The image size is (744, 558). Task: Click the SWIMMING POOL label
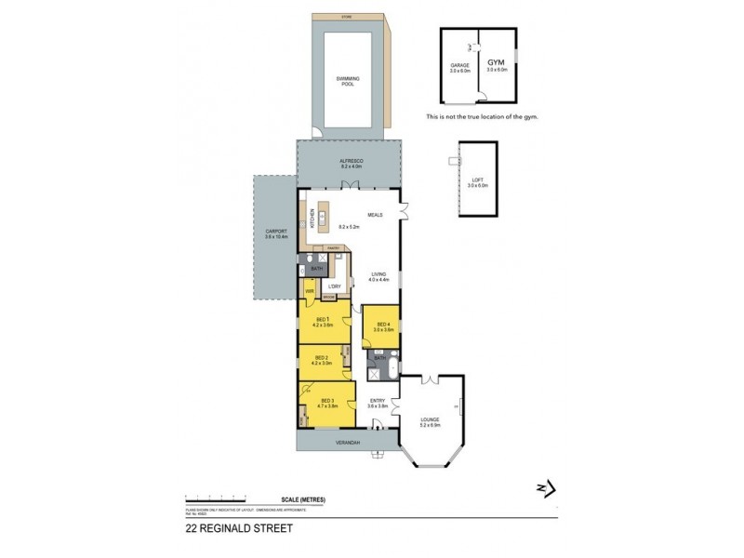[x=347, y=81]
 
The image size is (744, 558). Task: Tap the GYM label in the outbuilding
[x=496, y=60]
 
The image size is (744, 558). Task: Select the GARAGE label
[x=458, y=66]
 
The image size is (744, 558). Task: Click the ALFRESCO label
[x=350, y=163]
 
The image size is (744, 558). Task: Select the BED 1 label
[x=321, y=321]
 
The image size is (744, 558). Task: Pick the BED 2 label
[x=321, y=359]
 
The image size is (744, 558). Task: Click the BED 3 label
[x=326, y=400]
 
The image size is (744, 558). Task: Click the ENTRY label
[x=376, y=403]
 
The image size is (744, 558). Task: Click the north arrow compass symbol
[x=545, y=486]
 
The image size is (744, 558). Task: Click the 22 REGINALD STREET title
[x=239, y=528]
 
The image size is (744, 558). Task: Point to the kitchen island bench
[x=324, y=216]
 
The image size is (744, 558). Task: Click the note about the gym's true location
[x=482, y=117]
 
